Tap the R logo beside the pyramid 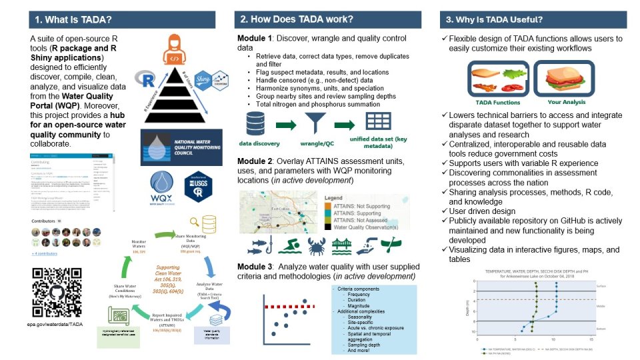(x=141, y=79)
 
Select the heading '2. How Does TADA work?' (x=297, y=19)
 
